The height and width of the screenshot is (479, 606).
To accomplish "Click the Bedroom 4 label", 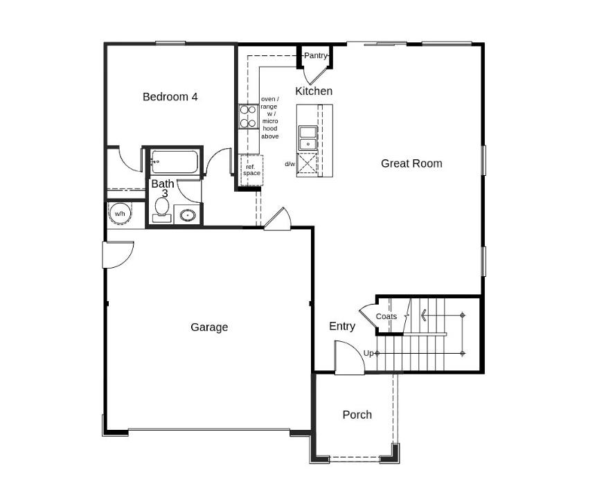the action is point(170,97).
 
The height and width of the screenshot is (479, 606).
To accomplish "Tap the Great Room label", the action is point(411,163).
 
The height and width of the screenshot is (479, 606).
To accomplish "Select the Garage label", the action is point(209,327).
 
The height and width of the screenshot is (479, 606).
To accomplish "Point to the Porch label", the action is point(357,415).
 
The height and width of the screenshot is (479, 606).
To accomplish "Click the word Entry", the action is point(342,327).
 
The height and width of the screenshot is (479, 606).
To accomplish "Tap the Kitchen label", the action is point(314,91).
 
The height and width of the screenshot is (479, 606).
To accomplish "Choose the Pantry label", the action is point(316,55).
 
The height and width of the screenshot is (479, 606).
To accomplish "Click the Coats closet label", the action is point(386,316).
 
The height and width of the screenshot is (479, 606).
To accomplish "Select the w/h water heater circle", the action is point(120,213).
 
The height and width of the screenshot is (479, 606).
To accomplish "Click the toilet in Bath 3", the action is point(161,210).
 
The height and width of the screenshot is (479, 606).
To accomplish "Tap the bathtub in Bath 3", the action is point(175,162).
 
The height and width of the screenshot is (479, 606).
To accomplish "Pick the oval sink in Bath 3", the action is point(188,215).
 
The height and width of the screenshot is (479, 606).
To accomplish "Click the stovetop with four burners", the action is point(249,116).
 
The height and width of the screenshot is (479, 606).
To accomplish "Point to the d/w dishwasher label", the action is point(290,164).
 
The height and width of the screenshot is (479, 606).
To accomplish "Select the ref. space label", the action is point(251,170).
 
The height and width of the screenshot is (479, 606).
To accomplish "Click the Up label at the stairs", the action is point(368,353).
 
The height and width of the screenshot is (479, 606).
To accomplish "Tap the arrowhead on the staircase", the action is point(424,315).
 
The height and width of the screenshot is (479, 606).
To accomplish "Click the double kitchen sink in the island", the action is point(308,138).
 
